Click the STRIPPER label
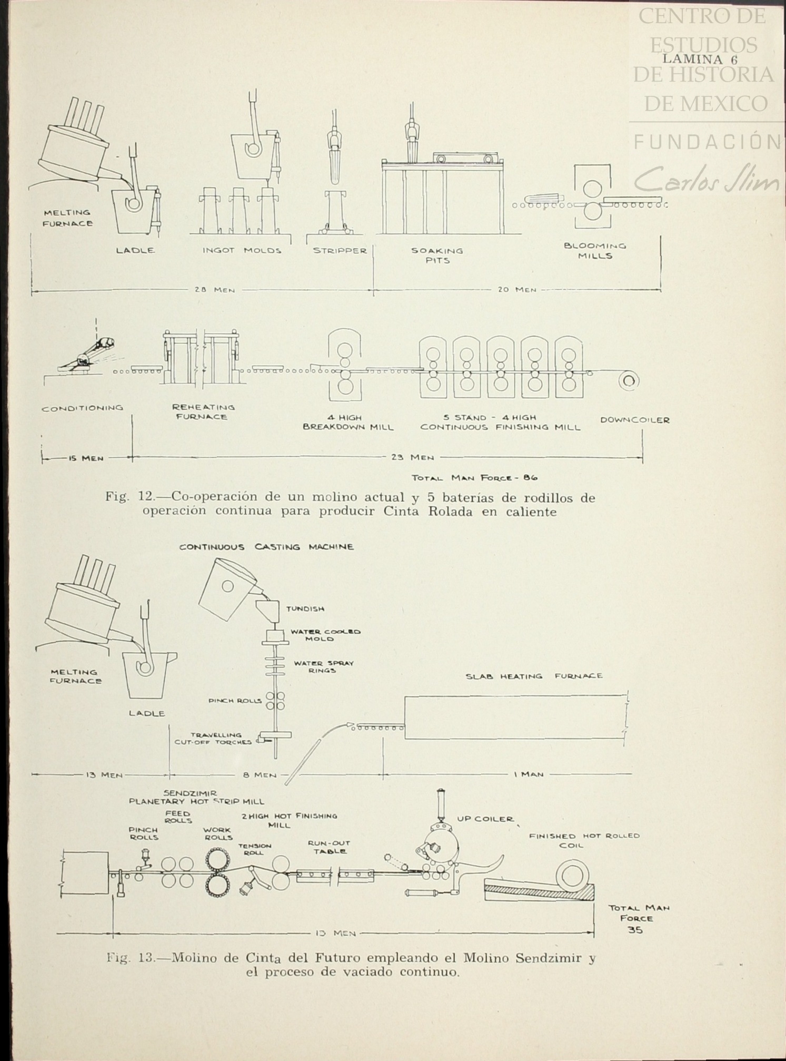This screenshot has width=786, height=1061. [340, 251]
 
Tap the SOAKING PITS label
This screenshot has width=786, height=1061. [437, 256]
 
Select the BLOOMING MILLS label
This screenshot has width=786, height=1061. [595, 251]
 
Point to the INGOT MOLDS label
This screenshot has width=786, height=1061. [242, 251]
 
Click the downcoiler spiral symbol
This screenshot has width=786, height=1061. [629, 380]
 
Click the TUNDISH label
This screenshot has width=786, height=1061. [305, 608]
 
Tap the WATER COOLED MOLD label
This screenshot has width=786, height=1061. [324, 635]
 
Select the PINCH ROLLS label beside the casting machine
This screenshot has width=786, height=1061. [235, 701]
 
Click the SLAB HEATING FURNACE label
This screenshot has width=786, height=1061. [534, 676]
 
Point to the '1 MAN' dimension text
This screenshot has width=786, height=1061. [528, 774]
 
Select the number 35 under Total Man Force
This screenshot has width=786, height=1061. [635, 930]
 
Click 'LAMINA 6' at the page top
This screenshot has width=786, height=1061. [700, 59]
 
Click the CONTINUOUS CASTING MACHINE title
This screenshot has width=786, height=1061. [266, 547]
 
